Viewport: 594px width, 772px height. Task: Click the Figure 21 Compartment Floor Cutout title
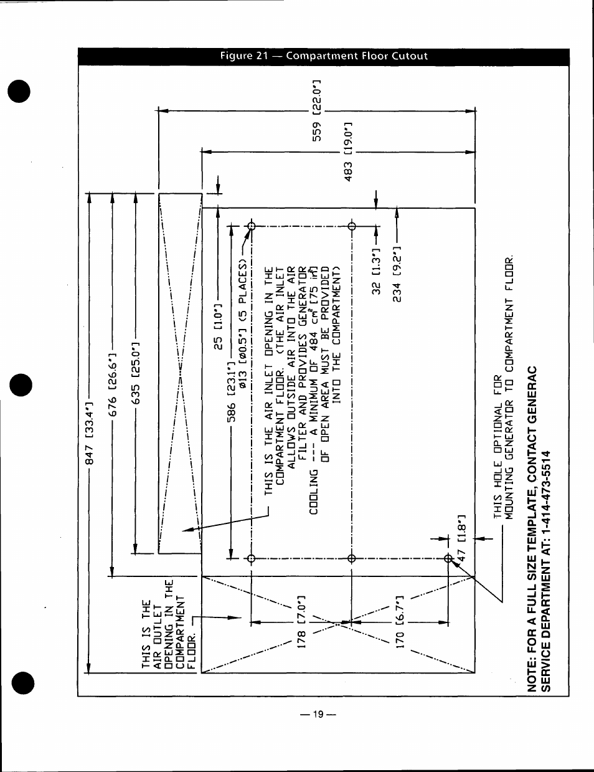[324, 56]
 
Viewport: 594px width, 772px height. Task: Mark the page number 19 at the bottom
[318, 715]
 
